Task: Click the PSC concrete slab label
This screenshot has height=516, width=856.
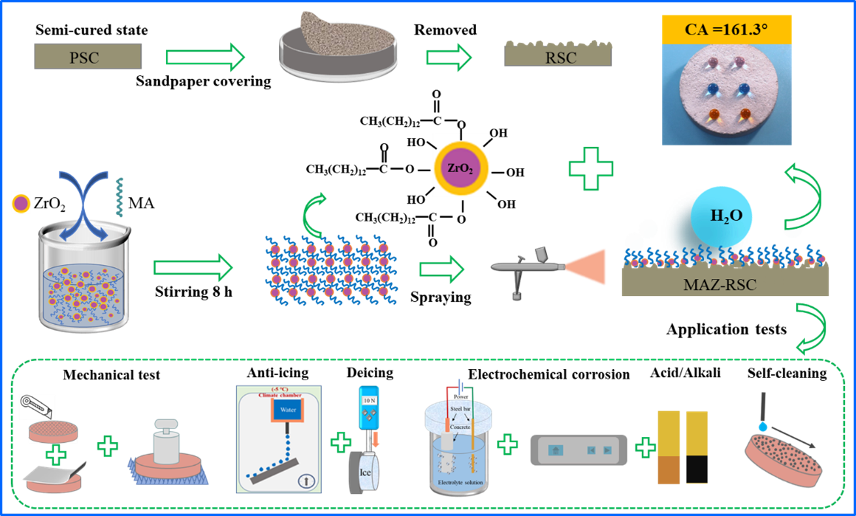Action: click(84, 57)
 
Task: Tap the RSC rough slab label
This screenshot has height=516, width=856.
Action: click(561, 57)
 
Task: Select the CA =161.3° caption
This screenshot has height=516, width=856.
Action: click(726, 29)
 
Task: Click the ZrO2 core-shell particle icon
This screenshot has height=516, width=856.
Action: click(461, 165)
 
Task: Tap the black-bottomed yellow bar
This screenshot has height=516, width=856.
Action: click(697, 447)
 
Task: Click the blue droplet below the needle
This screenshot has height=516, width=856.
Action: click(763, 425)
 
